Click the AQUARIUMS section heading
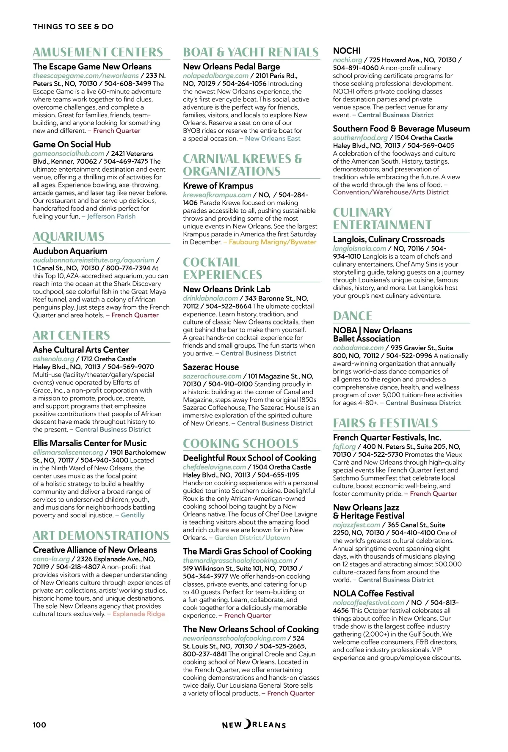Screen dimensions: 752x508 coord(69,236)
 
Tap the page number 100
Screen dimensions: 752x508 coord(39,725)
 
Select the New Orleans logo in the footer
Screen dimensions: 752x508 coord(254,725)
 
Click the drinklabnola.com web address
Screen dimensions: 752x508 coord(210,298)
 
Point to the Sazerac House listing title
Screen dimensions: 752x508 coord(211,367)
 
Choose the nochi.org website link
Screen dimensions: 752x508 coord(348,60)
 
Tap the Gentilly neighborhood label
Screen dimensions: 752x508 coord(133,515)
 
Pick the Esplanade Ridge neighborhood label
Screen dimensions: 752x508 coord(138,614)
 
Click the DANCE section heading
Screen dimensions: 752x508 coord(353,316)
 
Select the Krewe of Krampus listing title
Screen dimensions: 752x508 coord(218,186)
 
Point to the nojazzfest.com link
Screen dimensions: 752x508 coord(356,524)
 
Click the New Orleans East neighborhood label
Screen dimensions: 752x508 coord(273,138)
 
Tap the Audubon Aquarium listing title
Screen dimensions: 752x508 coord(70,251)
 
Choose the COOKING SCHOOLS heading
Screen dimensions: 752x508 coord(240,443)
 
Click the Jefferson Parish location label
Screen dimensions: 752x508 coord(111,216)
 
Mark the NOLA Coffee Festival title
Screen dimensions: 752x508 coord(373,593)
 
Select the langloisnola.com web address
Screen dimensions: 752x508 coord(359,248)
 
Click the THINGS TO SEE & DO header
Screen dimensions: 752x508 coord(73,27)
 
